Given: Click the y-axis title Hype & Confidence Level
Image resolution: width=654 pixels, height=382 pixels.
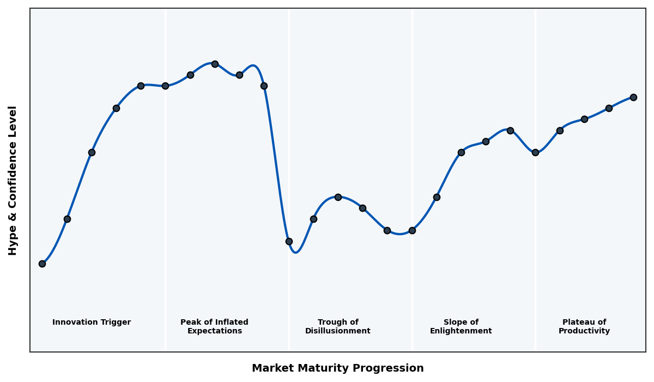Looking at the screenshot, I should click(x=13, y=180).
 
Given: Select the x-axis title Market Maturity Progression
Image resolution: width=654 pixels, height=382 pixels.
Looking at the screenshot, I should click(x=337, y=368).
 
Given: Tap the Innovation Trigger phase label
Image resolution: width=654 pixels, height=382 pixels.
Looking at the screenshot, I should click(x=92, y=323).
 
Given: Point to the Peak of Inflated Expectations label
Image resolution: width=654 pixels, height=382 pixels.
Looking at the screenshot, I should click(x=214, y=327).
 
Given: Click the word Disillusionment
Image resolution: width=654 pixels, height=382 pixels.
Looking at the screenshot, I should click(x=337, y=331).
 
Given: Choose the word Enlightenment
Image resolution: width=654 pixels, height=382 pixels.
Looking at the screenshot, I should click(x=461, y=331).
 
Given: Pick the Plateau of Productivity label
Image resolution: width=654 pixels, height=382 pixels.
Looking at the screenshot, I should click(x=584, y=327).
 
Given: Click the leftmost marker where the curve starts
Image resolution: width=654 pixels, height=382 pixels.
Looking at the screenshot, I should click(x=42, y=264).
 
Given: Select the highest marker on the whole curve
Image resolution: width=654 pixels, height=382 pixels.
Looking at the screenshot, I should click(x=215, y=64).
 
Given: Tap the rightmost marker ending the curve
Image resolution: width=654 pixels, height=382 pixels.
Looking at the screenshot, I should click(x=633, y=97).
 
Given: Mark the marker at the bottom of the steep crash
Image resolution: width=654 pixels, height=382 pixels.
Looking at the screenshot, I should click(x=289, y=241).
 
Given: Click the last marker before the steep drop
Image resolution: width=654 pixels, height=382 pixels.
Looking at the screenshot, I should click(x=264, y=86).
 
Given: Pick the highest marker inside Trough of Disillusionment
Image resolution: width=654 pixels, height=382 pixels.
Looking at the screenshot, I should click(x=338, y=197).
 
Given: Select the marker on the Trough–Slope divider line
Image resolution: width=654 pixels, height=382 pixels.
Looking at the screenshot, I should click(x=412, y=230).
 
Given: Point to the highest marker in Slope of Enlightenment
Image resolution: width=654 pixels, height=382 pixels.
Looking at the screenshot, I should click(x=510, y=130).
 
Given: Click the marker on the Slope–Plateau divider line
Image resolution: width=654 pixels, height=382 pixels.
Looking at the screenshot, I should click(x=535, y=152).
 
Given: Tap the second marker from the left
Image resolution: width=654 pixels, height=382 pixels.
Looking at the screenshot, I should click(x=67, y=219).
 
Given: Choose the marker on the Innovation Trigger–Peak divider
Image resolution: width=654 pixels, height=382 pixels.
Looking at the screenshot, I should click(x=165, y=86).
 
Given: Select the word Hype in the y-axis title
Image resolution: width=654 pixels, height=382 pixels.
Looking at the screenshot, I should click(x=13, y=242).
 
